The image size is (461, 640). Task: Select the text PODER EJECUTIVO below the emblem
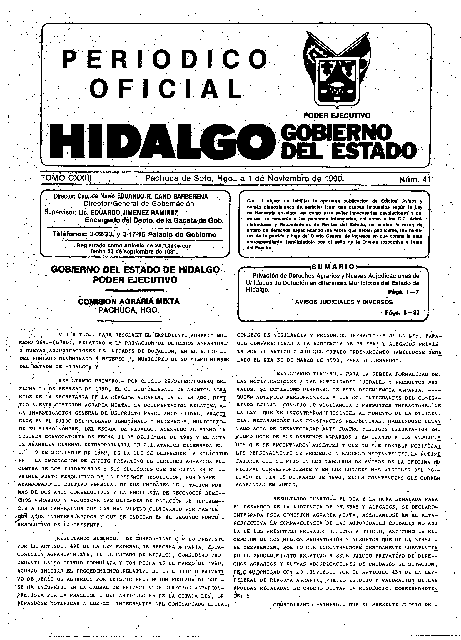pyautogui.click(x=337, y=115)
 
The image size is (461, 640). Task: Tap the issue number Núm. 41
pyautogui.click(x=414, y=179)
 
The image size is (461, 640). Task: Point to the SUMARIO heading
pyautogui.click(x=334, y=267)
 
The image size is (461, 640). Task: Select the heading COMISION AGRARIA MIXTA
pyautogui.click(x=129, y=301)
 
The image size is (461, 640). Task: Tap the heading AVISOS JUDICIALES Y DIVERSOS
pyautogui.click(x=344, y=302)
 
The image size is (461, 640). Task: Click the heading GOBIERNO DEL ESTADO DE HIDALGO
pyautogui.click(x=135, y=270)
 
